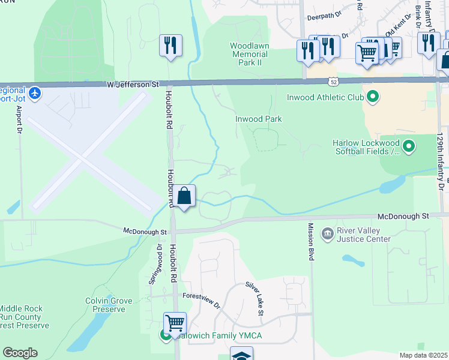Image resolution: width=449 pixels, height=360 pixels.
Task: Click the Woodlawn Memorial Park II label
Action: [x=249, y=55]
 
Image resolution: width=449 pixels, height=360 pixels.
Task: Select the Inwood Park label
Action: [x=258, y=119]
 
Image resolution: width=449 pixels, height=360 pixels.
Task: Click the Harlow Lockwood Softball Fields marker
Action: [x=409, y=146]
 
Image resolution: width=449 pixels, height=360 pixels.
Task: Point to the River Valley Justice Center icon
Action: [x=328, y=233]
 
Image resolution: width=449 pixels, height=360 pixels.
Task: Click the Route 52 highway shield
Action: [x=333, y=80]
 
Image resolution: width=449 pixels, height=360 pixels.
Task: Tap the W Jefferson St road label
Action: [x=133, y=85]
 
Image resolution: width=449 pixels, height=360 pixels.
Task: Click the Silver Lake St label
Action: [x=253, y=299]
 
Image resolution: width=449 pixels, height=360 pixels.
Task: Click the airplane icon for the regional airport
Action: [x=35, y=93]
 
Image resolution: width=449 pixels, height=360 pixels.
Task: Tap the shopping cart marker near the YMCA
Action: [x=175, y=323]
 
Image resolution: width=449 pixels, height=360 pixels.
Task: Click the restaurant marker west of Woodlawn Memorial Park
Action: [x=170, y=45]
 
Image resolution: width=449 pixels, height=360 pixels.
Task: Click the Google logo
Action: [x=20, y=353]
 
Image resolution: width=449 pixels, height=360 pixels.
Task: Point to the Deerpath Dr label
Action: [x=324, y=18]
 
